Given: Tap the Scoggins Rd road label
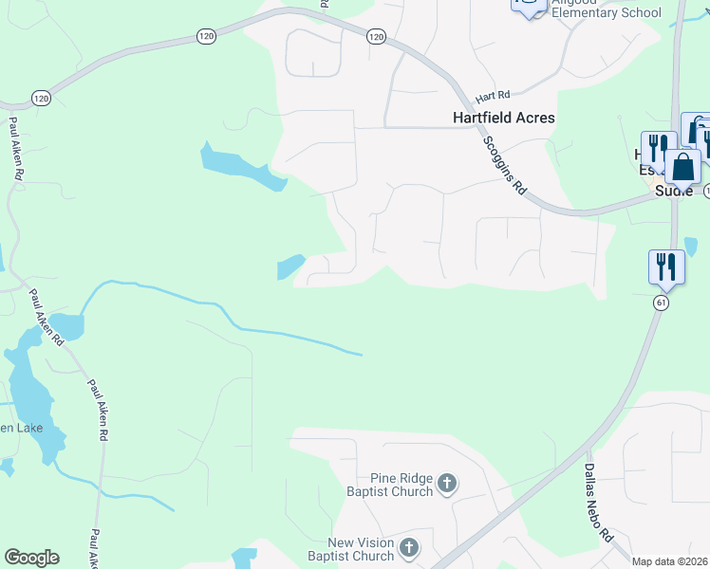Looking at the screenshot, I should (504, 164).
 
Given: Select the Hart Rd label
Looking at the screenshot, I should (494, 97).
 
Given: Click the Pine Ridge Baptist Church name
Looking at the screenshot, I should (395, 486).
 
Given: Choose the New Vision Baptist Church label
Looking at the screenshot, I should (361, 548).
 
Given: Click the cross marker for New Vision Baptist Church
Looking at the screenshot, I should (409, 548).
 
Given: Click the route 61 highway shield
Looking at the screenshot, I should (662, 302).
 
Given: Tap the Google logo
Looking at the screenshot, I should (31, 558).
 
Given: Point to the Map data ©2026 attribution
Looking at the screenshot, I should (669, 561).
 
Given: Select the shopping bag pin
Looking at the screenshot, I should (682, 167).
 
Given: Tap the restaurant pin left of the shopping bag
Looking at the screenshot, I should (657, 148).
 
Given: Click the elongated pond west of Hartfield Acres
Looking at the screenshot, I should (242, 167).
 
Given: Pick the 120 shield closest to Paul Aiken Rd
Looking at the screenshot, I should (41, 98).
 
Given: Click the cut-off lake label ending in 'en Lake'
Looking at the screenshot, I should (19, 429).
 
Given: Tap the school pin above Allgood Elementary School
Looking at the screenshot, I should (528, 4).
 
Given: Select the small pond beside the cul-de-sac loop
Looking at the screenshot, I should (290, 266).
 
